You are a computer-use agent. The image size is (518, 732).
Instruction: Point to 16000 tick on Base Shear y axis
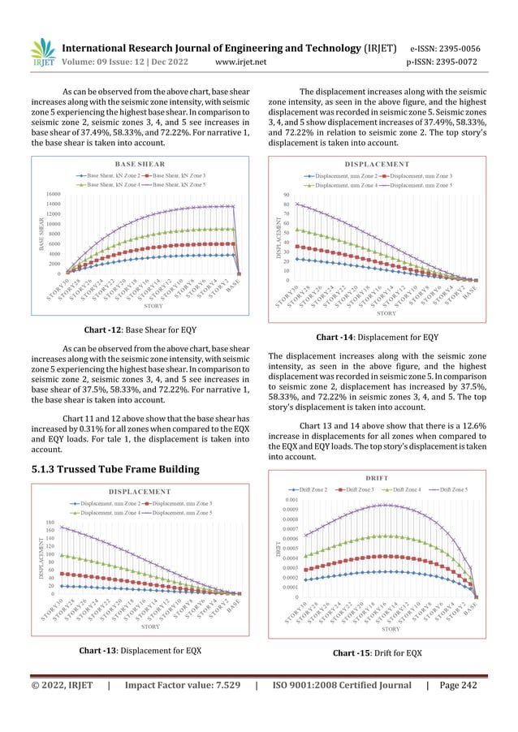[50, 195]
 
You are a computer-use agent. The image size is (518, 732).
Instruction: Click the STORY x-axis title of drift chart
[390, 629]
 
